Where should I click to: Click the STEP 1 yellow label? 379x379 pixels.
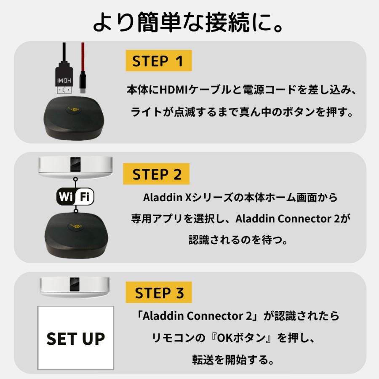[x=158, y=61]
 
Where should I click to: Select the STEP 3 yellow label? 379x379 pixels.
[x=158, y=292]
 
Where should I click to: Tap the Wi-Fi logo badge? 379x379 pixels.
[x=75, y=196]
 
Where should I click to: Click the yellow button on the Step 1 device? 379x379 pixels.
[x=74, y=109]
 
